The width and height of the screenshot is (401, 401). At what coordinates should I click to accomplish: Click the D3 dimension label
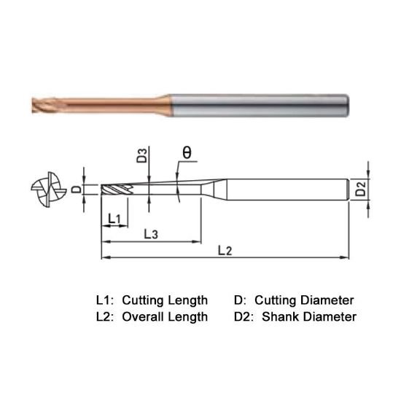(142, 155)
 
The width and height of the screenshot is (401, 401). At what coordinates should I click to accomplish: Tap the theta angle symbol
(187, 152)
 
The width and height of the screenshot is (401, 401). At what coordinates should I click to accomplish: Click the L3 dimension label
(150, 234)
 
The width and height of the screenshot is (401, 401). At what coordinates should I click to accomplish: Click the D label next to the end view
(76, 190)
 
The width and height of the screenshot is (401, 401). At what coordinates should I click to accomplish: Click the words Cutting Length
(165, 300)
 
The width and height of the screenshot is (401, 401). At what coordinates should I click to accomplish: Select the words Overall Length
(165, 317)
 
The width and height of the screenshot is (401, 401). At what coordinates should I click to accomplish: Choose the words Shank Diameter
(309, 317)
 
